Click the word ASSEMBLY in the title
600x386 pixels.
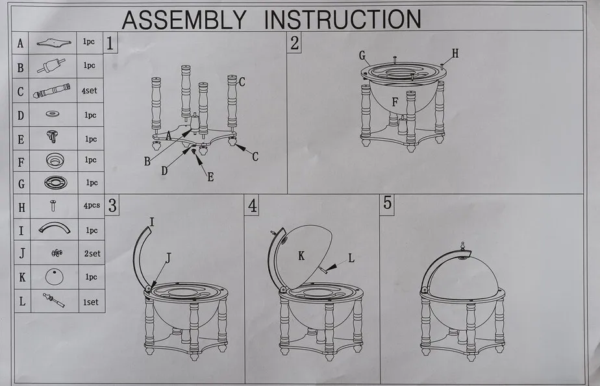[x=184, y=19]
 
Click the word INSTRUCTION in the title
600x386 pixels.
[x=343, y=19]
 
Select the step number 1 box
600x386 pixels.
[x=110, y=43]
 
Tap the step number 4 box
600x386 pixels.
[x=252, y=205]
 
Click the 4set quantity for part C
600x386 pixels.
[x=89, y=91]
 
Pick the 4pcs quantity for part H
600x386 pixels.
[x=92, y=206]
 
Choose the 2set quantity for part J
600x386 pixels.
[x=92, y=254]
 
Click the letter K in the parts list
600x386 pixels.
[x=22, y=277]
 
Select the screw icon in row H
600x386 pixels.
[x=53, y=206]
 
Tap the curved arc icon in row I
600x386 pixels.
[x=55, y=228]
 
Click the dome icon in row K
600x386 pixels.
[x=55, y=276]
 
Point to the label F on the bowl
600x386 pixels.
[x=395, y=102]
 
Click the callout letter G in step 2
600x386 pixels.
[x=362, y=55]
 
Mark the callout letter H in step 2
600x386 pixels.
[x=455, y=53]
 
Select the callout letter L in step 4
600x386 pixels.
[x=351, y=258]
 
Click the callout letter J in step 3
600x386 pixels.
[x=168, y=258]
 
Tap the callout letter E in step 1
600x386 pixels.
[x=210, y=177]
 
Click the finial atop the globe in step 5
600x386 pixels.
[x=462, y=246]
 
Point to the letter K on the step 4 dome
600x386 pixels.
[x=301, y=256]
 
